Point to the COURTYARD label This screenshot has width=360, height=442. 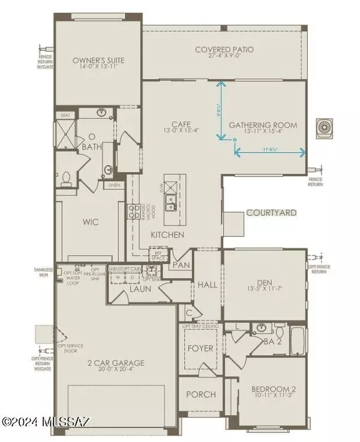tap(269, 213)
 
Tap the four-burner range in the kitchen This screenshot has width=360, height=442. tap(133, 211)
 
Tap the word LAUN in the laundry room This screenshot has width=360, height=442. tap(139, 288)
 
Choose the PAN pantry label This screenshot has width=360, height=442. tap(180, 264)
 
